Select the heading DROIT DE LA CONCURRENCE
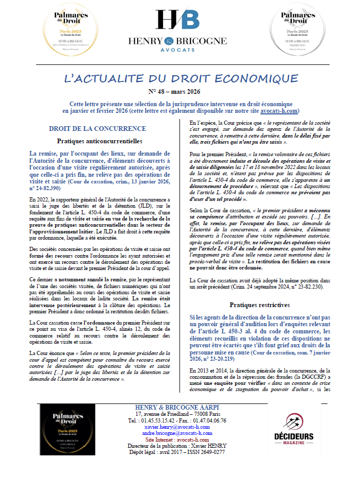pos(97,128)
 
